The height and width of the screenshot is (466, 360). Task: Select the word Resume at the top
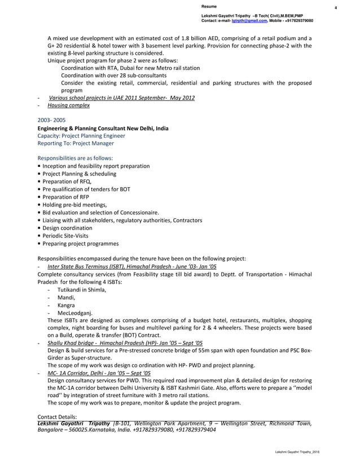pyautogui.click(x=209, y=6)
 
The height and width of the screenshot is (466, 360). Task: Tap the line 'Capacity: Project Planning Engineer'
pyautogui.click(x=81, y=136)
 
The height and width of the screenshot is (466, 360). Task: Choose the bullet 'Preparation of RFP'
pyautogui.click(x=64, y=197)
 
